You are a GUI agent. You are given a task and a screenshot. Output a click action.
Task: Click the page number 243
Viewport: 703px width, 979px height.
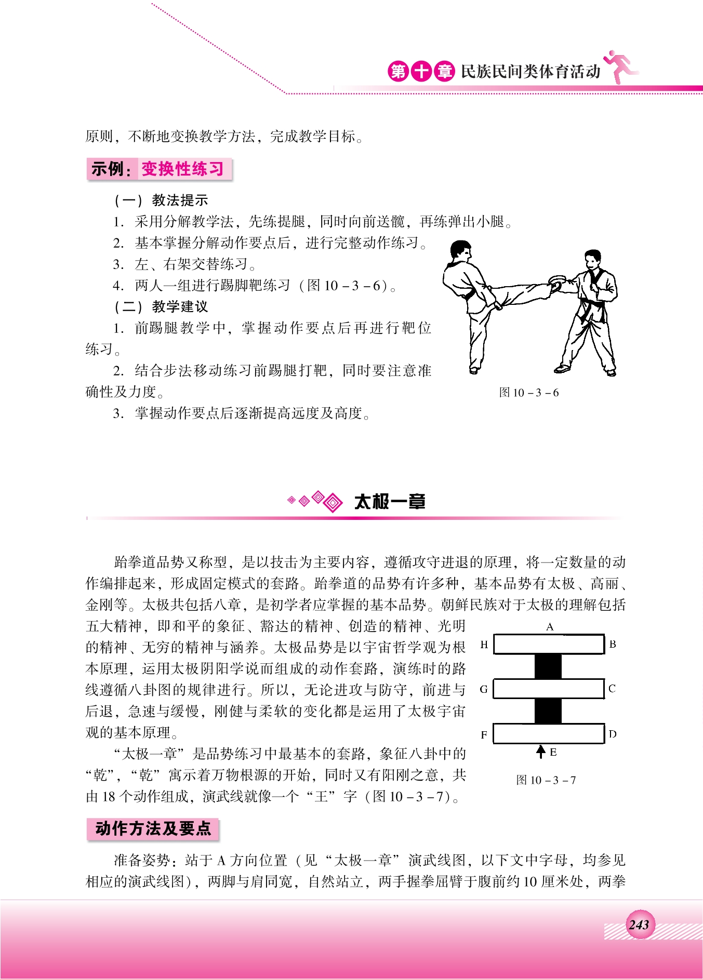tap(639, 924)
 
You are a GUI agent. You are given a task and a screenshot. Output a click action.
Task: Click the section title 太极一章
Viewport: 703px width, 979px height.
tap(390, 502)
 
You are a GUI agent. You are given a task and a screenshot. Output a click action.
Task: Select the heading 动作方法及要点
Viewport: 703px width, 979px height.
tap(153, 828)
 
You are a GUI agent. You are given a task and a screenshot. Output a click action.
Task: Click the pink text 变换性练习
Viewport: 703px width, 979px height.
tap(182, 169)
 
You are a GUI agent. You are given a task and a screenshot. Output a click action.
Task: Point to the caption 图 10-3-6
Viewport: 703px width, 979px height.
tap(528, 393)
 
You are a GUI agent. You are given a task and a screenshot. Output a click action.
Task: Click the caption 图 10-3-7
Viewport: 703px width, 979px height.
tap(546, 780)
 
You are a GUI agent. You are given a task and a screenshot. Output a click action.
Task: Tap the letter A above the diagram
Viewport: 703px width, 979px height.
tap(550, 627)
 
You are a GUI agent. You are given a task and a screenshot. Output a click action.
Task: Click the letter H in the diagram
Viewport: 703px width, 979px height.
tap(484, 645)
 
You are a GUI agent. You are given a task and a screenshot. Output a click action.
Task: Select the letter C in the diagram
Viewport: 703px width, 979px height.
tap(612, 689)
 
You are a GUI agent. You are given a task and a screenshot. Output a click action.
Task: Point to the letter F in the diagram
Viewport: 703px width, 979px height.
tap(484, 734)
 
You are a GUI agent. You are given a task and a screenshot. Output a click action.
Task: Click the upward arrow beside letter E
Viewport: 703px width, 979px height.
tap(541, 752)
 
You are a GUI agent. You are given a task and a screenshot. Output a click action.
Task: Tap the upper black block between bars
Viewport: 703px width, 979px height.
tap(548, 666)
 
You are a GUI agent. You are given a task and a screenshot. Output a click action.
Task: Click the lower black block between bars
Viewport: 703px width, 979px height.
tap(548, 711)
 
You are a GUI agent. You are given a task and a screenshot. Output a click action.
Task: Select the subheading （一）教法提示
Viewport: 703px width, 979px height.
tap(161, 200)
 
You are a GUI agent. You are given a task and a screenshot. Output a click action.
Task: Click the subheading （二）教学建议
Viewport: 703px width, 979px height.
tap(161, 306)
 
